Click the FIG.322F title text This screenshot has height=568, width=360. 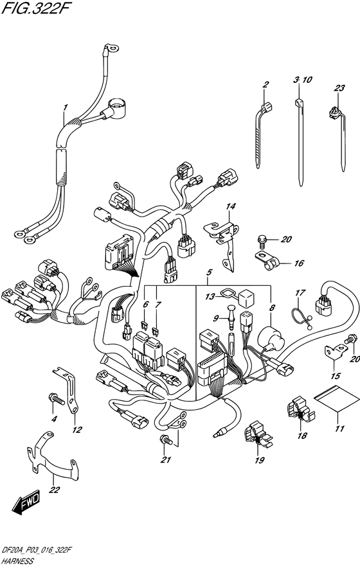[x=35, y=8]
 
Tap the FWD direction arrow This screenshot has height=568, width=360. [x=26, y=503]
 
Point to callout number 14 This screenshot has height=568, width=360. [x=231, y=206]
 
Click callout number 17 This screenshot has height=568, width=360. [x=301, y=292]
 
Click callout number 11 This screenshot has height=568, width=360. [x=339, y=429]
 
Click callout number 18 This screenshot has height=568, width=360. [x=302, y=436]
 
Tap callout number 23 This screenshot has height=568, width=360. [x=339, y=88]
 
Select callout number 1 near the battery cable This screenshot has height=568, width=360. [x=66, y=107]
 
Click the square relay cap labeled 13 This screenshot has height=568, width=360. [x=246, y=299]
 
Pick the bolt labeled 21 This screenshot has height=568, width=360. [x=166, y=439]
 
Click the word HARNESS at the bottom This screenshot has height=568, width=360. [x=17, y=561]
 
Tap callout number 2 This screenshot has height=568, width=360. [x=265, y=85]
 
